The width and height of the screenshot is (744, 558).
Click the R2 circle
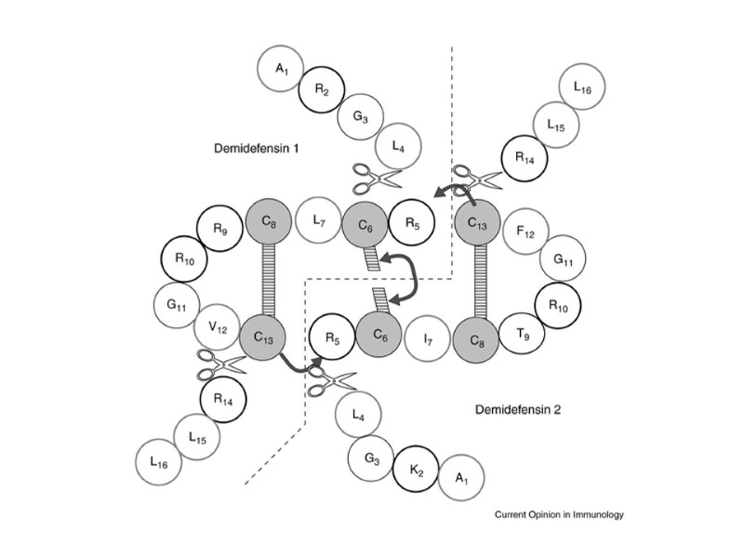click(322, 89)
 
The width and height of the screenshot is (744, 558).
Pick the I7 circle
click(427, 339)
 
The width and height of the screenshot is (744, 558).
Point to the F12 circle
click(525, 231)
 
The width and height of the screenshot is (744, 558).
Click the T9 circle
click(523, 336)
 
